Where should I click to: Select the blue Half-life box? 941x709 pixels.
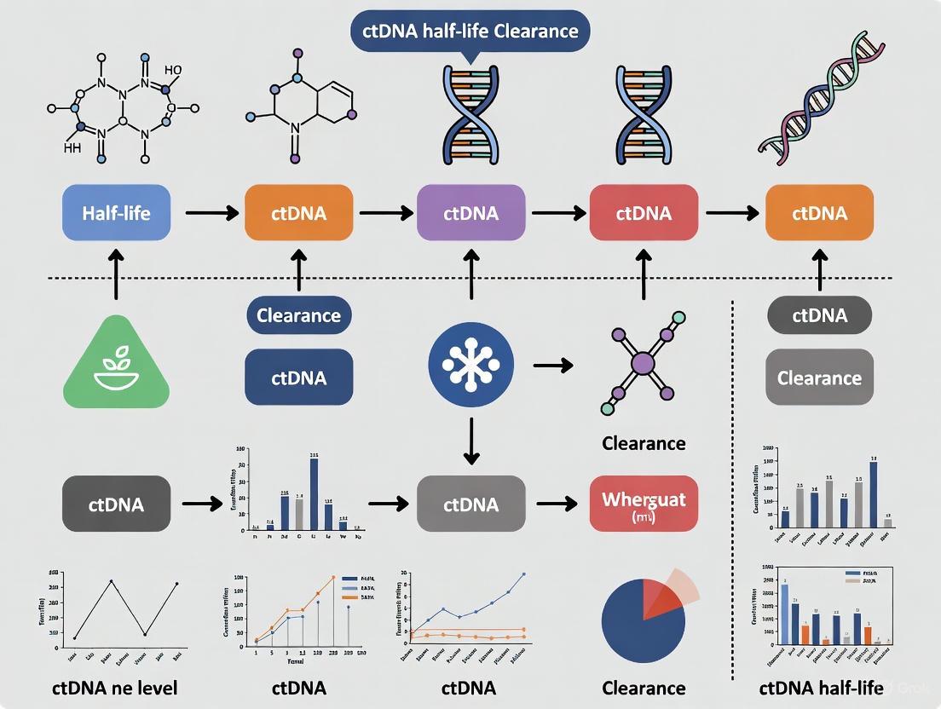[x=117, y=213]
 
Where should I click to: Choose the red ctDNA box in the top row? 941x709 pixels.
[x=643, y=213]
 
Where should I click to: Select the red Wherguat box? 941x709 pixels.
[x=644, y=504]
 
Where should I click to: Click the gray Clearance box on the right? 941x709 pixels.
[x=819, y=378]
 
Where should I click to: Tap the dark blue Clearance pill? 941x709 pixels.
[x=298, y=315]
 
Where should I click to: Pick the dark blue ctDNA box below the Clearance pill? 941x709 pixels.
[x=298, y=377]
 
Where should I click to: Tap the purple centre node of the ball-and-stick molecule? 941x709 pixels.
[x=644, y=365]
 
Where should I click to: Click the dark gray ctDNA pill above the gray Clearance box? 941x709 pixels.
[x=819, y=315]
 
